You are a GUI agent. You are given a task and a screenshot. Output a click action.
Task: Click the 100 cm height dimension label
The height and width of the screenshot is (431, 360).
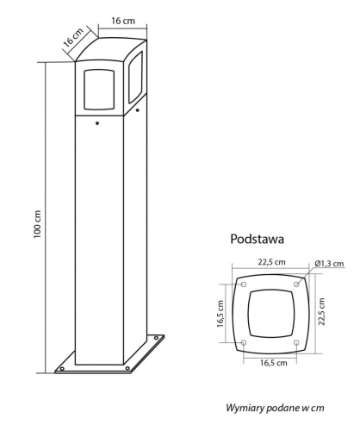[x=38, y=224]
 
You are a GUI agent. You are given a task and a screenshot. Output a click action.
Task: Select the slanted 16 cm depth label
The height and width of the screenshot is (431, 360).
[x=73, y=37]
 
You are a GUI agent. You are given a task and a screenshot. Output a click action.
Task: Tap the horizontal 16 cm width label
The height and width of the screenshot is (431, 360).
[x=123, y=21]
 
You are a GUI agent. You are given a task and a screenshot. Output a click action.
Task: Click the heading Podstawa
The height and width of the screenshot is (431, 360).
[x=257, y=239]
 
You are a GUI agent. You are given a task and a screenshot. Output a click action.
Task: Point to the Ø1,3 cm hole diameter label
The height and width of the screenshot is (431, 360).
[x=329, y=263]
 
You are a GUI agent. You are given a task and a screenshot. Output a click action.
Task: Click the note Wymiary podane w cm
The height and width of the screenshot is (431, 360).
[x=275, y=408]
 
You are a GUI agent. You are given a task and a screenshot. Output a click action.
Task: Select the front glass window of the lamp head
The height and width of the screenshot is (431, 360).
[x=99, y=90]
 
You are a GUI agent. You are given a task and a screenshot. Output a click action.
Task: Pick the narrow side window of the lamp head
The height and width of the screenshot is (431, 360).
[x=135, y=77]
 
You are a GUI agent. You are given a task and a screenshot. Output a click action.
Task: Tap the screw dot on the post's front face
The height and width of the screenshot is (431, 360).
[x=97, y=123]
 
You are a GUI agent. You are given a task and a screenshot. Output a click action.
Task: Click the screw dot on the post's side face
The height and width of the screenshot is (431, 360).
[x=138, y=110]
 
